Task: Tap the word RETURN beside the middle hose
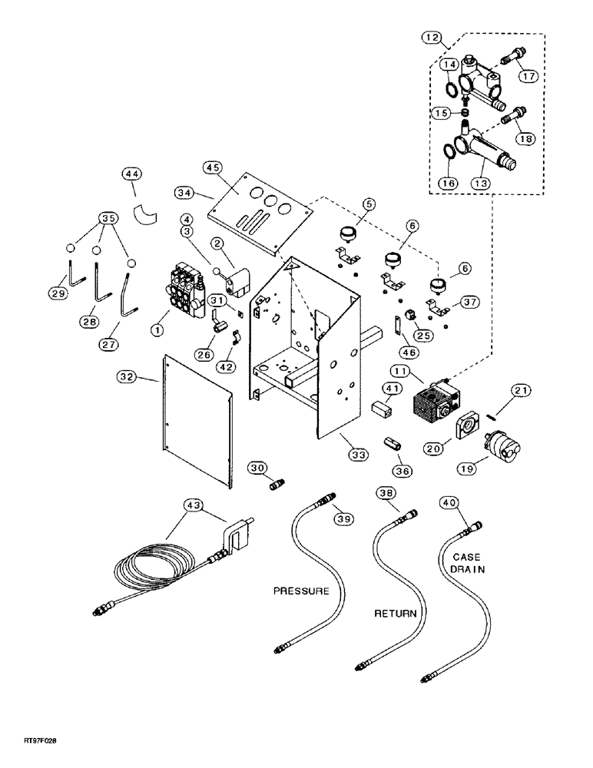395,614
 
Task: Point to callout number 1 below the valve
157,329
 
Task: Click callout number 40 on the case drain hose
449,503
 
